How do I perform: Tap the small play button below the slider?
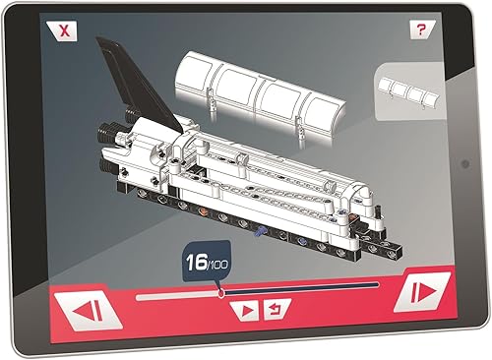[243, 311]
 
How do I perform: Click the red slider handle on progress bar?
[221, 291]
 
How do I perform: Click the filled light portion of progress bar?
[177, 293]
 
